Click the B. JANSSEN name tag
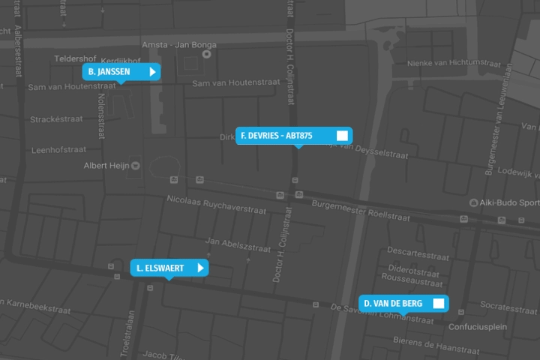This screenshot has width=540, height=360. (109, 72)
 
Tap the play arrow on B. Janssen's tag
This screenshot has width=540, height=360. (152, 72)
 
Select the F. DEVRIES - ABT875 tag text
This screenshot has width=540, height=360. (277, 136)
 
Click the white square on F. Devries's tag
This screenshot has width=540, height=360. (342, 136)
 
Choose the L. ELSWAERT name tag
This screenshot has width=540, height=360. (160, 268)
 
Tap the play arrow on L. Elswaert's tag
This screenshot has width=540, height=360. (200, 268)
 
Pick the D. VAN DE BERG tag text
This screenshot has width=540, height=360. (393, 304)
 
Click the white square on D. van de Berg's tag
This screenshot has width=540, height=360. (439, 304)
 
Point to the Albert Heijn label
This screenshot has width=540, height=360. (106, 166)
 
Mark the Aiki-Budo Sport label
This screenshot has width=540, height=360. (508, 202)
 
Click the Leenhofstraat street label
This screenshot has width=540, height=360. (59, 150)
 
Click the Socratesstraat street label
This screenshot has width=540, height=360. (508, 307)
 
